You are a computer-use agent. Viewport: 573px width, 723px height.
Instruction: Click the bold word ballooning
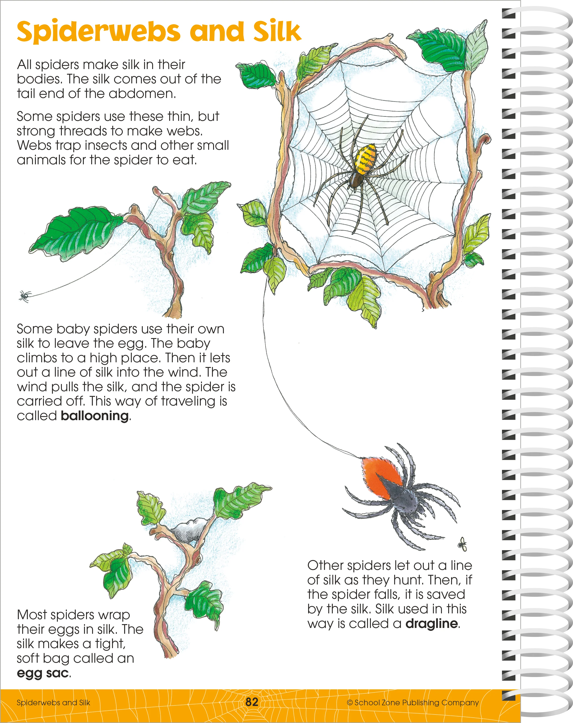[x=95, y=416]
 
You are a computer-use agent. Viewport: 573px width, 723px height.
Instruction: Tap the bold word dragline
[x=432, y=624]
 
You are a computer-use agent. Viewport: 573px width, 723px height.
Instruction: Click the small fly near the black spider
[x=463, y=544]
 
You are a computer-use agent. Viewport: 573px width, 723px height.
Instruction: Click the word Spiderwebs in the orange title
[x=99, y=32]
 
